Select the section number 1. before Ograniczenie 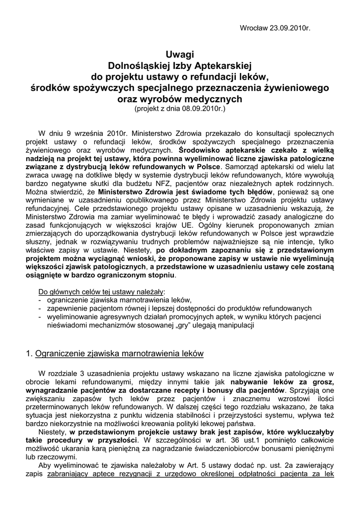pyautogui.click(x=28, y=354)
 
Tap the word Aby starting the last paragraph pyautogui.click(x=45, y=465)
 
